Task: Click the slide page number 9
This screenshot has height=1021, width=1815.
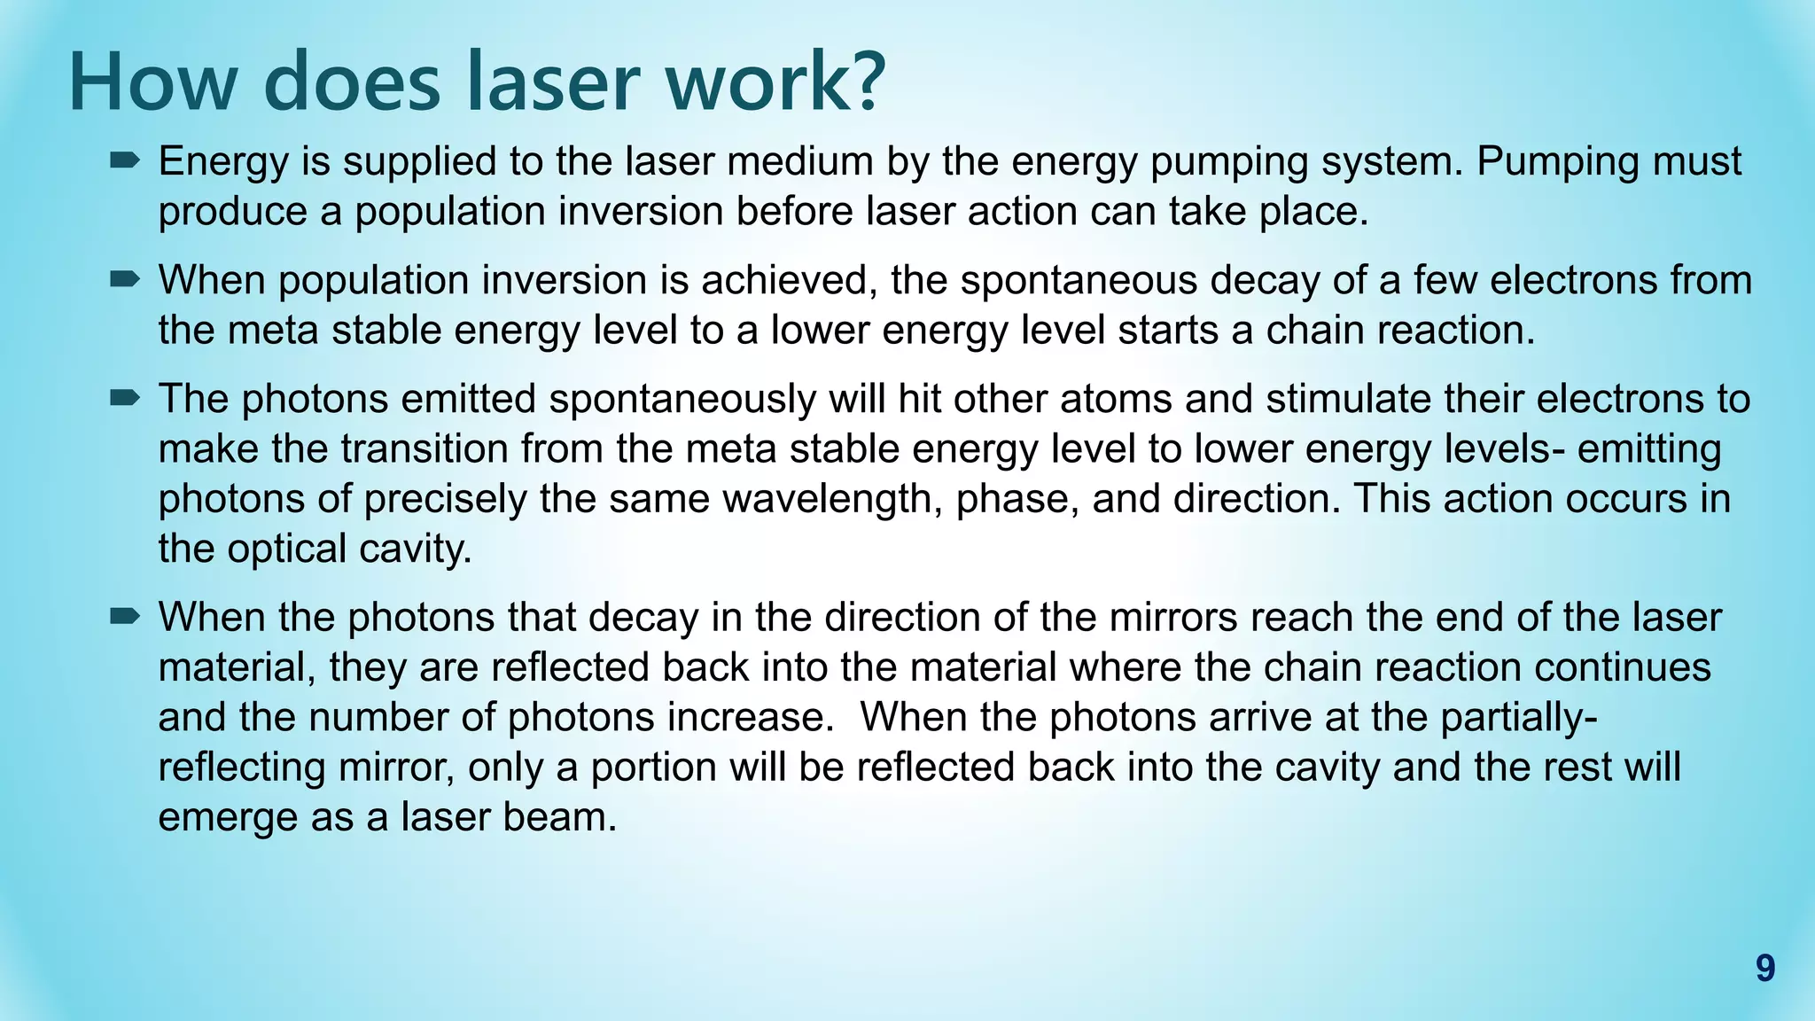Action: [x=1764, y=969]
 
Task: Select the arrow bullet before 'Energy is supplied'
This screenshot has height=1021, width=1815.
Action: [x=125, y=160]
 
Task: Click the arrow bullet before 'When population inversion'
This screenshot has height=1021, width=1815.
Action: [x=125, y=280]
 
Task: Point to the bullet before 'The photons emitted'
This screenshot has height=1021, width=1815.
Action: [x=125, y=399]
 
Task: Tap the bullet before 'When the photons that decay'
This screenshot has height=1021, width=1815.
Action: [x=125, y=616]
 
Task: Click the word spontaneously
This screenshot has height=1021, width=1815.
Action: [x=682, y=400]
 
